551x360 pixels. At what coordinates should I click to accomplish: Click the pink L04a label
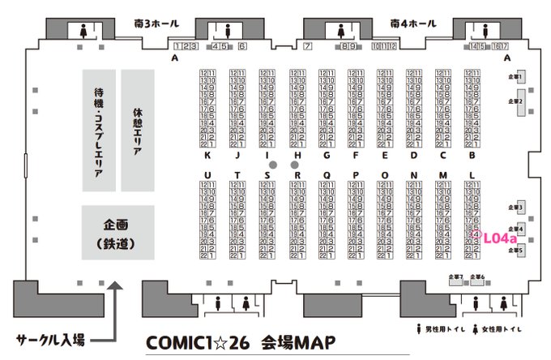pos(495,238)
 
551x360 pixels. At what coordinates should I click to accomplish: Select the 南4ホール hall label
pos(412,25)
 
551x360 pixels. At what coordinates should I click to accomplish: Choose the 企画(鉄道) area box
pos(117,233)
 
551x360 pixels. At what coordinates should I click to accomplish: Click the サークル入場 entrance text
pos(50,339)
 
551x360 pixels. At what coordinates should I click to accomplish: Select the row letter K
pos(208,155)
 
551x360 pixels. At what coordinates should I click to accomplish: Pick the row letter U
pos(208,175)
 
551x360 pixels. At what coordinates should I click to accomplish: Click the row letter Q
pos(326,175)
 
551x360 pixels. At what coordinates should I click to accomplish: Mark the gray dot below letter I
pos(273,165)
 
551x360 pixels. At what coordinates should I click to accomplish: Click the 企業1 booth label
pos(516,75)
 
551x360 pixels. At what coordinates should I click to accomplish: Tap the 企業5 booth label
pos(516,251)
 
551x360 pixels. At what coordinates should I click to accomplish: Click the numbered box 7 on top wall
pos(308,47)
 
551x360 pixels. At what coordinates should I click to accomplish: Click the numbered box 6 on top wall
pos(242,47)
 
